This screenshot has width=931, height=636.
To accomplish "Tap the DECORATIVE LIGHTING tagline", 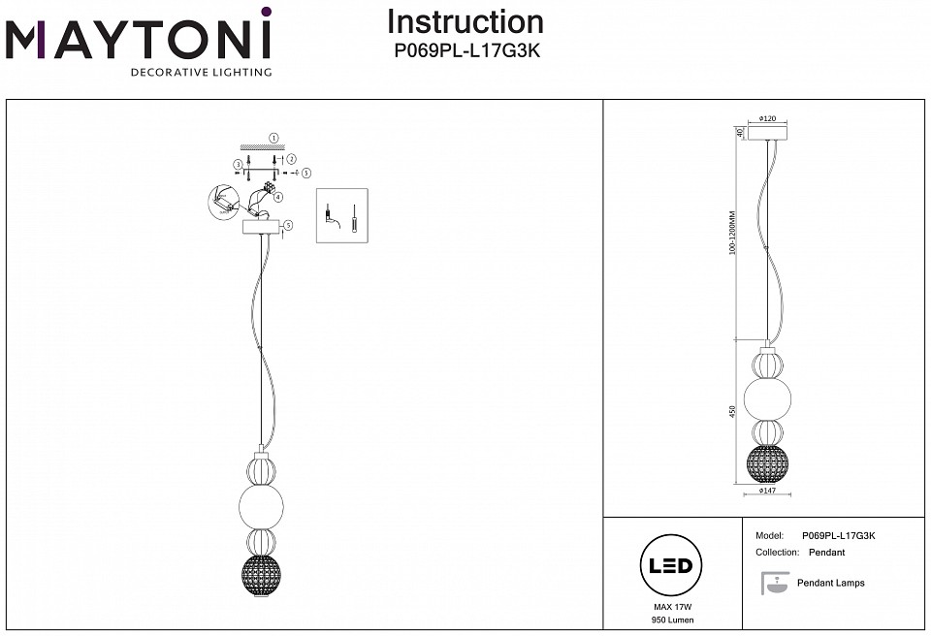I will [x=201, y=72].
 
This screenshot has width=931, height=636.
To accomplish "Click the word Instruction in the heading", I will [x=465, y=22].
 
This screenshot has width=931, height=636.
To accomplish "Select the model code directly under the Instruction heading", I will [x=465, y=50].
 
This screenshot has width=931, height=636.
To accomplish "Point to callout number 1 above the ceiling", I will [x=274, y=139].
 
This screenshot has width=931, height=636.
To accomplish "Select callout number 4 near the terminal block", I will [x=279, y=197].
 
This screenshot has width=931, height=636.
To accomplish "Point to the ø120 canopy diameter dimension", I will [x=767, y=118].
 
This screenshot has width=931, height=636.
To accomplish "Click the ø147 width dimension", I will [x=767, y=492].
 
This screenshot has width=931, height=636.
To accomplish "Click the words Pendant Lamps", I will [x=830, y=583].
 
